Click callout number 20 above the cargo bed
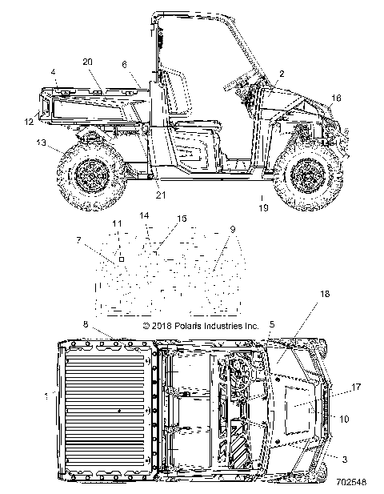click(87, 62)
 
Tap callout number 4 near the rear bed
click(53, 72)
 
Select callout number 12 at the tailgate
click(29, 121)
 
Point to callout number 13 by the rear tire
click(41, 143)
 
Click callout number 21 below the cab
click(161, 195)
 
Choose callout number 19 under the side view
click(263, 207)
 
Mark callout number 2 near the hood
click(282, 74)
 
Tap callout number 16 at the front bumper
click(336, 98)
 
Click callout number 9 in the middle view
click(233, 229)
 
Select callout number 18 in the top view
click(325, 294)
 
